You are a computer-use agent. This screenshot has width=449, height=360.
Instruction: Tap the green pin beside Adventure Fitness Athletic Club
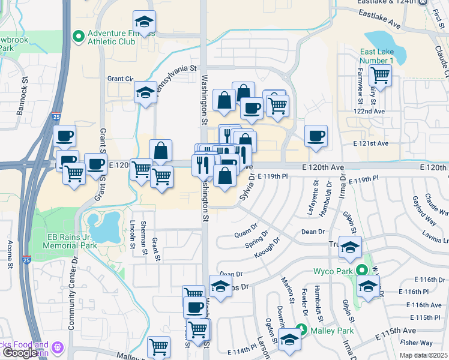(77, 37)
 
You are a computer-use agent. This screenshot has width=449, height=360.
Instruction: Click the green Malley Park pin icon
(303, 329)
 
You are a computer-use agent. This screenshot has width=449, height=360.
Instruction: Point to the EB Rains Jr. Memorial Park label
(72, 241)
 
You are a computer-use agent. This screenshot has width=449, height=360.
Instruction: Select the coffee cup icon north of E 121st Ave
(316, 136)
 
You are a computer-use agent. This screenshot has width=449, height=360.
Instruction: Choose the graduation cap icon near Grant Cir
(145, 92)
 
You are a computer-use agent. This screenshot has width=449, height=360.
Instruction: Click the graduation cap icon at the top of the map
(143, 22)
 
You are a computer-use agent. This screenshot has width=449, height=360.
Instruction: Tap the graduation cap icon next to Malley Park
(289, 340)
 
